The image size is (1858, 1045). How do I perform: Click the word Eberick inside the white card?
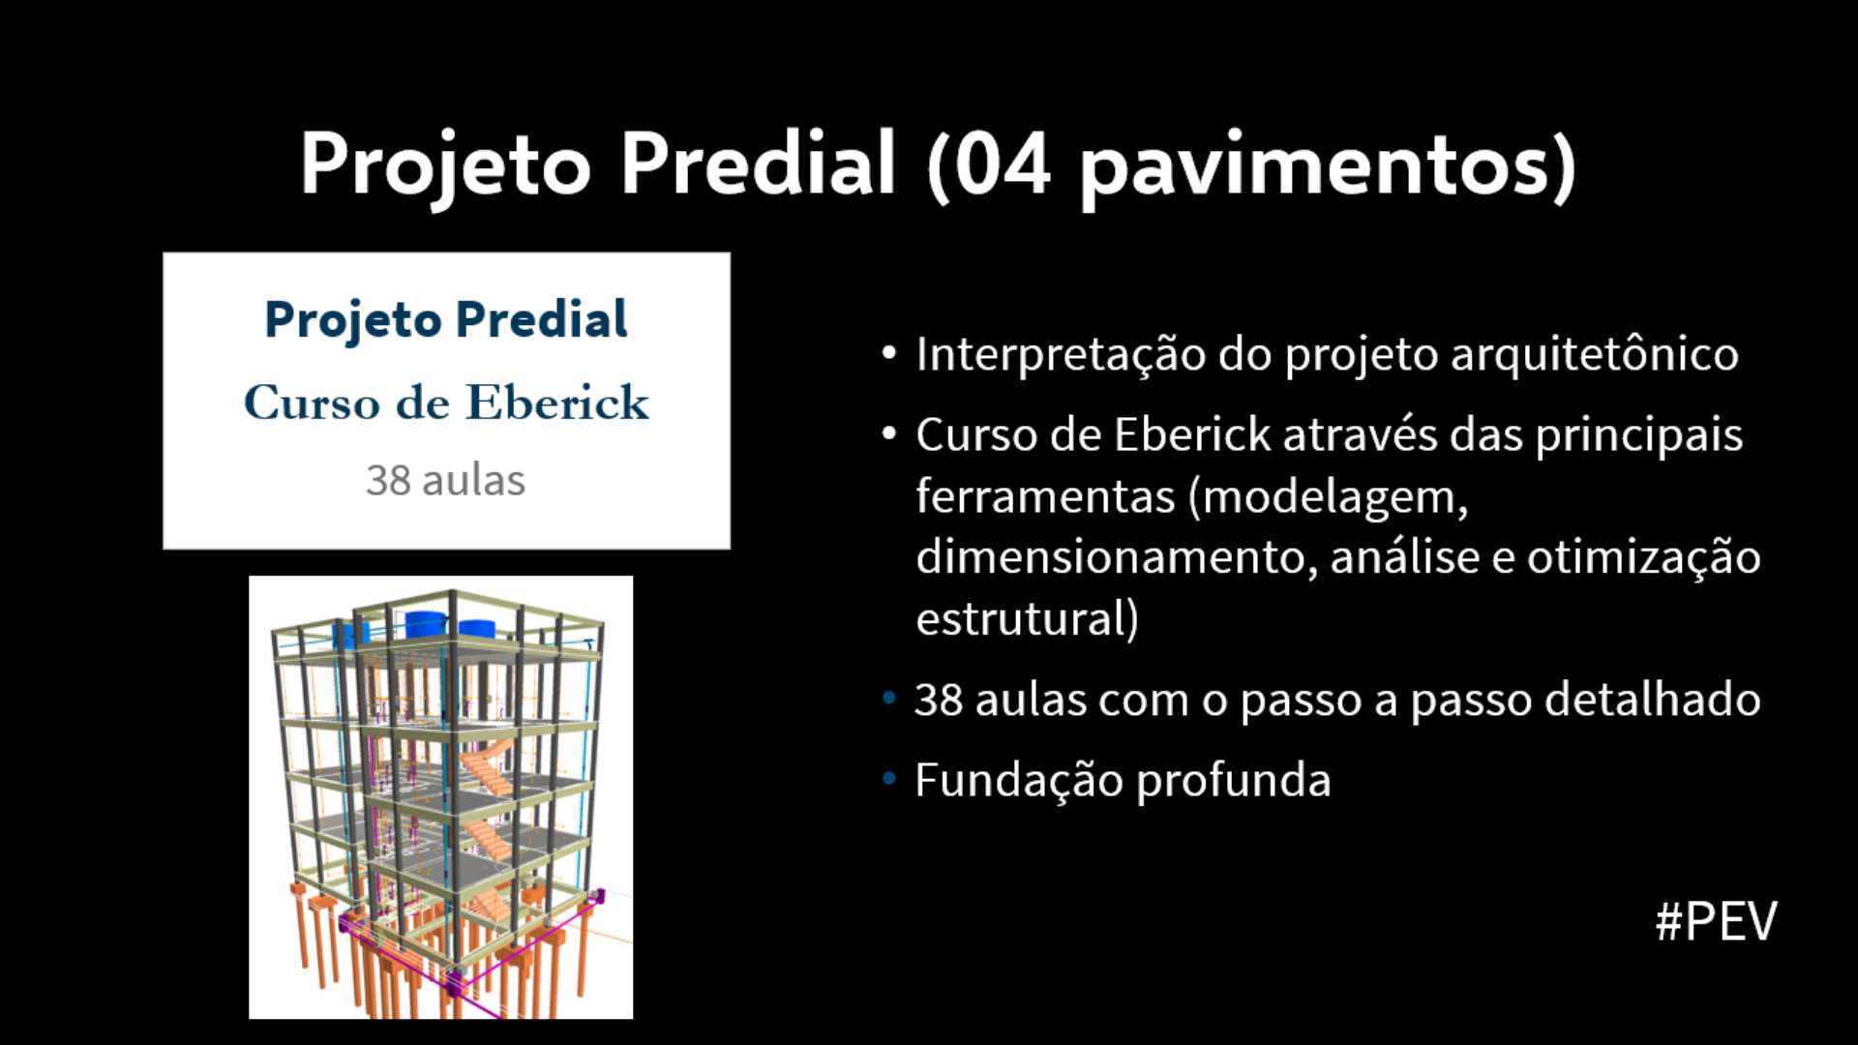point(557,403)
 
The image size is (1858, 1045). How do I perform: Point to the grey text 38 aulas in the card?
point(446,480)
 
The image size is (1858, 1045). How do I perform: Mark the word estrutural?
point(1020,619)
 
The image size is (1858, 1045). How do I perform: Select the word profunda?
point(1234,782)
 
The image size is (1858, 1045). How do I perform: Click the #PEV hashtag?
point(1716,921)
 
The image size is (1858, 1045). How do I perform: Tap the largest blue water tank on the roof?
point(426,624)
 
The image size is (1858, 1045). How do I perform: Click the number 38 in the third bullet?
point(938,700)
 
